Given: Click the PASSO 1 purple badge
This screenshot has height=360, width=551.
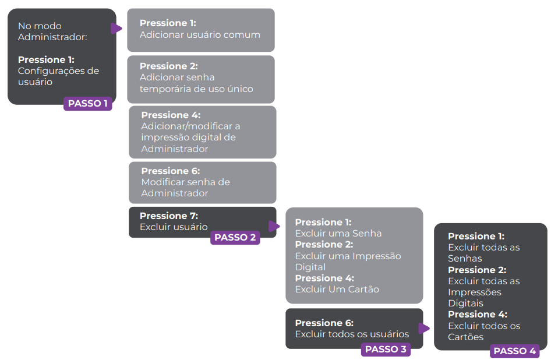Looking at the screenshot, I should pos(88,104).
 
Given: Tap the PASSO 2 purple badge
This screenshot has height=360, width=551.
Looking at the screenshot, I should pos(235,238).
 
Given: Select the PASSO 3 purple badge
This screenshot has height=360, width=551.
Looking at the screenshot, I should pos(386,350).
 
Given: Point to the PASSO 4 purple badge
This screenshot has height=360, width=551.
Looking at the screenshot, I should pos(515,351).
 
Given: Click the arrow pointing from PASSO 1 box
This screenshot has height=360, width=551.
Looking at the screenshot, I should pos(117,28).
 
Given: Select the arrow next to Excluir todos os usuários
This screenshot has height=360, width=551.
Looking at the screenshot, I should pos(424,329).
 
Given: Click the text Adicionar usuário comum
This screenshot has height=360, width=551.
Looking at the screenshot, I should pos(200,34).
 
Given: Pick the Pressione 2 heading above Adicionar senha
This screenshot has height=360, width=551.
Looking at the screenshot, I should pos(168,66).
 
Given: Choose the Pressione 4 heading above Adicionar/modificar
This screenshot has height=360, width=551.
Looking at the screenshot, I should pos(171,115).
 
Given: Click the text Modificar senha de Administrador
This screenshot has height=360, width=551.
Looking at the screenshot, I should pos(185,188).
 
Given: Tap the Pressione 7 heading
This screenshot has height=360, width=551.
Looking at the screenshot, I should pos(168,216).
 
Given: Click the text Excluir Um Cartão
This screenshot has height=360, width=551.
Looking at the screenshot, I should pos(337,290).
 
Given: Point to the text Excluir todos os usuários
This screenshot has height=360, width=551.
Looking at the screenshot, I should pos(352,334).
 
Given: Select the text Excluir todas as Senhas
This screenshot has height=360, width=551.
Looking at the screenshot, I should pos(483,253).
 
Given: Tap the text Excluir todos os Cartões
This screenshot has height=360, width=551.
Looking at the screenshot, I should pos(483,331).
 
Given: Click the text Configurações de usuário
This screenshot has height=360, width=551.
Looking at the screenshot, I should pos(58,76).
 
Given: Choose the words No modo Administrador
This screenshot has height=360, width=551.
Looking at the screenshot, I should pos(52,31).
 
